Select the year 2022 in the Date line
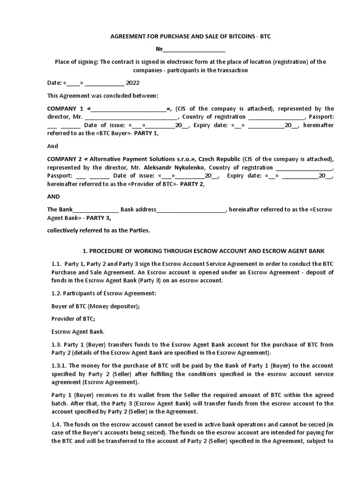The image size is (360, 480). tap(133, 83)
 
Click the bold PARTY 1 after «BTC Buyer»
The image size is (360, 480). tap(147, 134)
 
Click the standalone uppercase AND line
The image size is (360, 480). tap(54, 197)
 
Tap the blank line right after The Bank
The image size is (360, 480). tap(96, 210)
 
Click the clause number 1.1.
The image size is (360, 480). tap(57, 263)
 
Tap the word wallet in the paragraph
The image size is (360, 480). tap(131, 395)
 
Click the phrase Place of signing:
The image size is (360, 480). tap(76, 62)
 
